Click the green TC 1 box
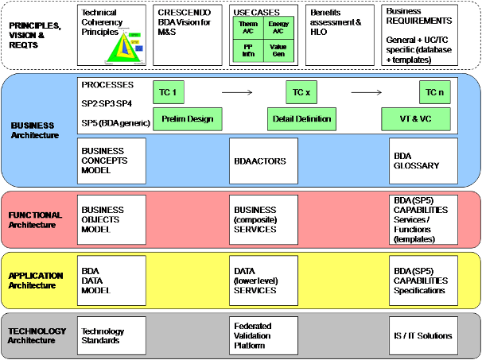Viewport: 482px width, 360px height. (x=167, y=93)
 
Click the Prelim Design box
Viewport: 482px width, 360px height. (x=187, y=120)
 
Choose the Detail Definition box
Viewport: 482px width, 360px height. (x=301, y=120)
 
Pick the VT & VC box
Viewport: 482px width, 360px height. (x=416, y=120)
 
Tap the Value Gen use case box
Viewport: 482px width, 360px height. (x=278, y=52)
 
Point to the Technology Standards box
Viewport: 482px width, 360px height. (x=111, y=336)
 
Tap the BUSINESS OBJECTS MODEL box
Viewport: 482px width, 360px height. (x=111, y=219)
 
